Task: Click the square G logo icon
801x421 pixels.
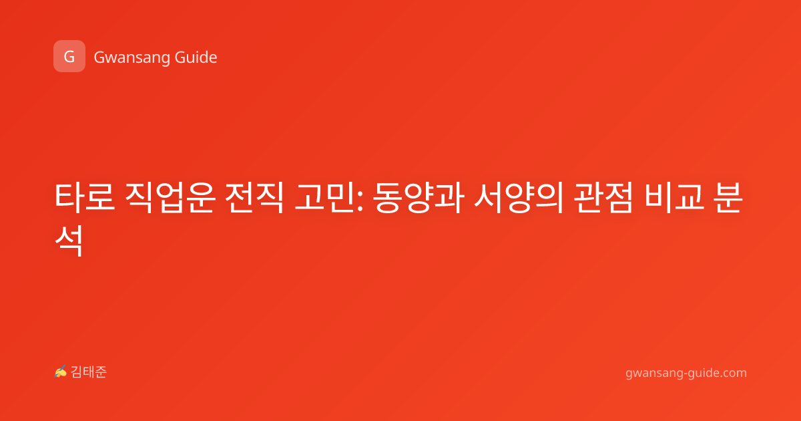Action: [x=69, y=56]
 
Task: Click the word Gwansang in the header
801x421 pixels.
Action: [x=131, y=57]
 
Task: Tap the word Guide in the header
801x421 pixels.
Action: [x=196, y=57]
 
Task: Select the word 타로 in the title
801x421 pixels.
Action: [x=85, y=198]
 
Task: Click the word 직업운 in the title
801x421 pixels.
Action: [x=170, y=198]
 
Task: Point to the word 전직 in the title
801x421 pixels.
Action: [x=254, y=198]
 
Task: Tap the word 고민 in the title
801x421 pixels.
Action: [x=324, y=198]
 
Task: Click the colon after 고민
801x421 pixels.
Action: [x=360, y=202]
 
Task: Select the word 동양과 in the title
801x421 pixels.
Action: [x=419, y=198]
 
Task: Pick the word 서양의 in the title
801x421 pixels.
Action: [x=519, y=198]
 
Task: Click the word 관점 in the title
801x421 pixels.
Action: [x=603, y=198]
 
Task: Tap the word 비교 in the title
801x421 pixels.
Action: [x=674, y=198]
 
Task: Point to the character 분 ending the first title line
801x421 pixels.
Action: [x=728, y=198]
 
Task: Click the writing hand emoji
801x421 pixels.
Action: [x=61, y=372]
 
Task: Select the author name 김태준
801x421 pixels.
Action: [x=89, y=372]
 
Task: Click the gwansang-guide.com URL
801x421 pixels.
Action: [x=686, y=373]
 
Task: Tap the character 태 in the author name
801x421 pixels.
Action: [x=89, y=372]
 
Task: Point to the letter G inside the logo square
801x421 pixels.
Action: [x=69, y=57]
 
